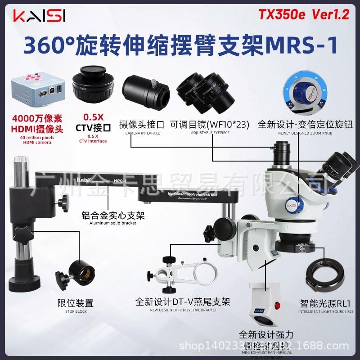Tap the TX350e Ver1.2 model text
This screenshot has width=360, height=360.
coord(304,14)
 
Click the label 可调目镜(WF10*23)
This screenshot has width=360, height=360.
coord(210,124)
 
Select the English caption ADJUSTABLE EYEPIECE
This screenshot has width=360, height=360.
coord(210,134)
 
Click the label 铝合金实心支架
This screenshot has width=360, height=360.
coord(117,216)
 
